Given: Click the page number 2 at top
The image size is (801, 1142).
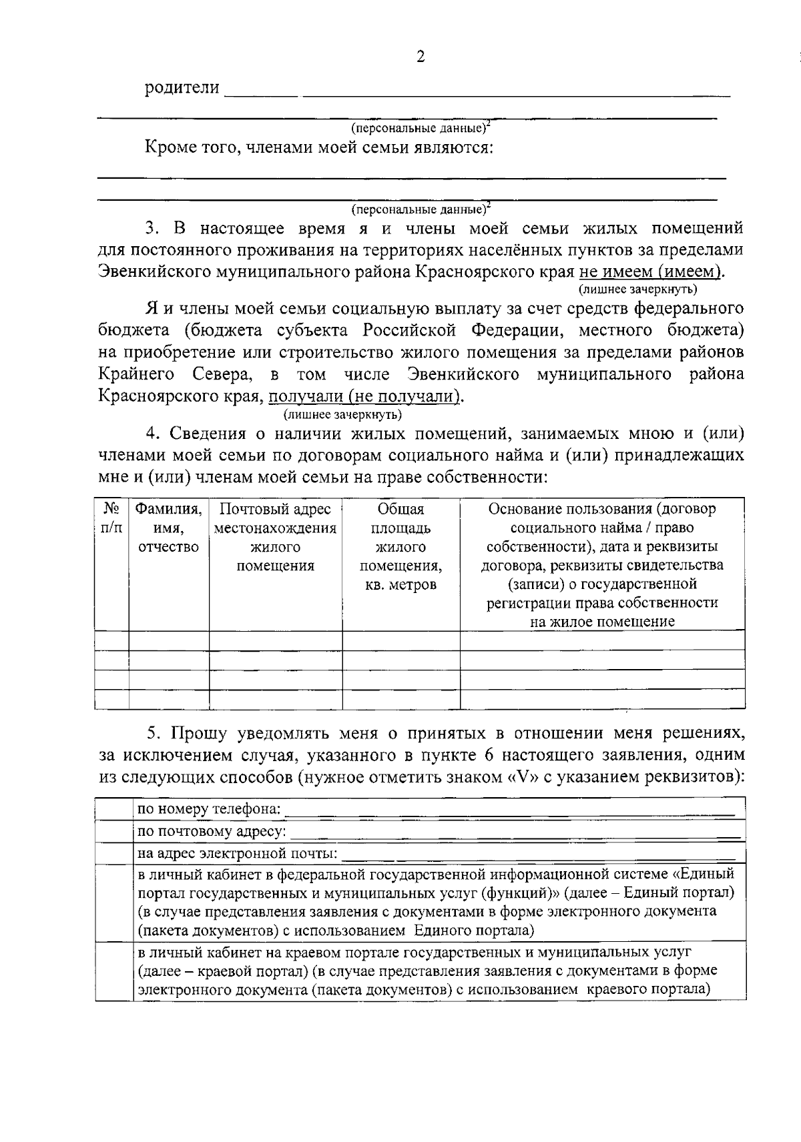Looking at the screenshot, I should (420, 57).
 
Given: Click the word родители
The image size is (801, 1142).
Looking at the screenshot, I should (182, 87).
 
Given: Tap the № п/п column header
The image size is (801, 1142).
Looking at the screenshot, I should (111, 518).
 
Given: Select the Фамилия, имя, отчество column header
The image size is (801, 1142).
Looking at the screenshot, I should (168, 528).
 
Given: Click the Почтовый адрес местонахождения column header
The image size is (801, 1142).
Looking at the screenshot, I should (275, 537).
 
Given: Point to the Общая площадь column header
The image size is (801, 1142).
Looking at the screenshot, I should (400, 546).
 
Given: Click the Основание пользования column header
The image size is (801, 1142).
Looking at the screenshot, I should (602, 564).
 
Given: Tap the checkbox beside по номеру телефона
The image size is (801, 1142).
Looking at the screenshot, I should (114, 810).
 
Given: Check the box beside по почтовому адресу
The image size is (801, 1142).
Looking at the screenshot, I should (114, 832).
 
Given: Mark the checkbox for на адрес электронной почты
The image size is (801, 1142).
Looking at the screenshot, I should (114, 854).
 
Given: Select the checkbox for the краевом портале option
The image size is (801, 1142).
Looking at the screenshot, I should (114, 971).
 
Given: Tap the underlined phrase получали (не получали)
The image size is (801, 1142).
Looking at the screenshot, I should (364, 396).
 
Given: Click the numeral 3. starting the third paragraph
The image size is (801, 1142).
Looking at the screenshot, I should (153, 229).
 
